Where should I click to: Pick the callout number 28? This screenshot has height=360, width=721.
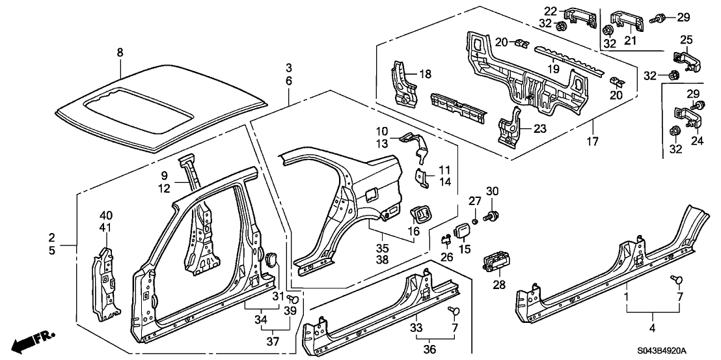(499, 284)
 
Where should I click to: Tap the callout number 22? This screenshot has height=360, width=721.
(551, 12)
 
